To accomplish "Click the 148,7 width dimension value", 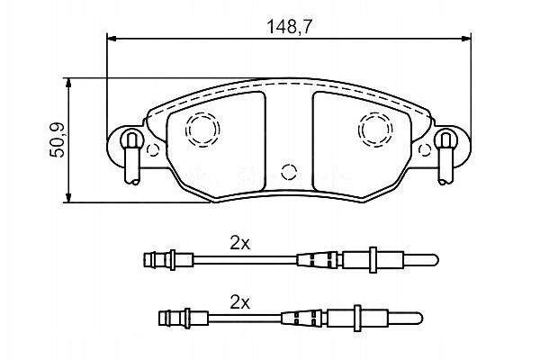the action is click(289, 27).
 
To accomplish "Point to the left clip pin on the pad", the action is click(132, 157).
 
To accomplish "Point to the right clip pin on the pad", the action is click(445, 157).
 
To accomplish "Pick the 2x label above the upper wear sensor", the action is click(240, 244).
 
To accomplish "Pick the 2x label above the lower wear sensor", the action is click(240, 302).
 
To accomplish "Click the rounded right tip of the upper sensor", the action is click(435, 260).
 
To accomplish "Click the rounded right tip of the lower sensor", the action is click(419, 319).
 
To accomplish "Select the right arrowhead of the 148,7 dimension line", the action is click(466, 39).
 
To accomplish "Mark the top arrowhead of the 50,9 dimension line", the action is click(68, 84).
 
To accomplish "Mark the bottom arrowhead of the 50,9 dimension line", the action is click(68, 197).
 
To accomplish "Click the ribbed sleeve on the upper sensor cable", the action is click(319, 259).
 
